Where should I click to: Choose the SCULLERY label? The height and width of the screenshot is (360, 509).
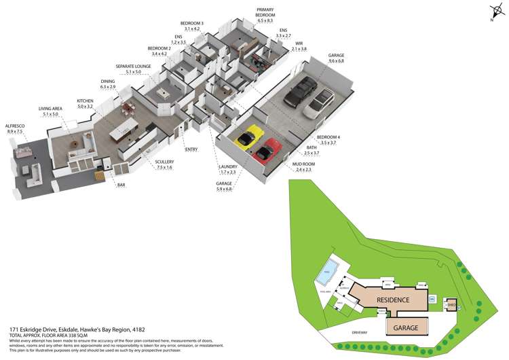click(164, 161)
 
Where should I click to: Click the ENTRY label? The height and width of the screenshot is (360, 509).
click(191, 149)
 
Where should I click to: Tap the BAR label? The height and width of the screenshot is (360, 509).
click(121, 184)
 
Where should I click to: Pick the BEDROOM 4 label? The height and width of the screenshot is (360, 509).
click(328, 137)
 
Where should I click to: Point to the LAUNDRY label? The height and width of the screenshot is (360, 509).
click(227, 166)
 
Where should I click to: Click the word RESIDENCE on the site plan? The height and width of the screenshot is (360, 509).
click(393, 300)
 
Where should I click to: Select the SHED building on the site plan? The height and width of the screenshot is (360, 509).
click(450, 306)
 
